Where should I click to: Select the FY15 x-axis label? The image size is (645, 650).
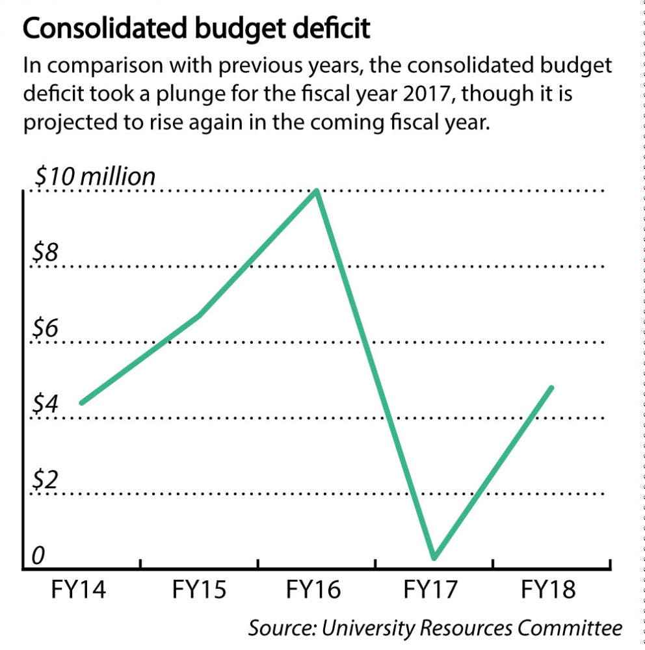pyautogui.click(x=199, y=591)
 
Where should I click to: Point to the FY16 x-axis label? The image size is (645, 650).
pyautogui.click(x=313, y=591)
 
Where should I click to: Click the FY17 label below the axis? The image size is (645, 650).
pyautogui.click(x=431, y=591)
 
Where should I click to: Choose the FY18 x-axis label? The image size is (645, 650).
pyautogui.click(x=549, y=591)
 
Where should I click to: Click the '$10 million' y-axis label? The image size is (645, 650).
pyautogui.click(x=95, y=176)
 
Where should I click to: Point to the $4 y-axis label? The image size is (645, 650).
pyautogui.click(x=46, y=404)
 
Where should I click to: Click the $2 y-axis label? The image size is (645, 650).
pyautogui.click(x=46, y=480)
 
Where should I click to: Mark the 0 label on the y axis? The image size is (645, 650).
pyautogui.click(x=38, y=556)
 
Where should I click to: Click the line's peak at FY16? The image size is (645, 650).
pyautogui.click(x=317, y=191)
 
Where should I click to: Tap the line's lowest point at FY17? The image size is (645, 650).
pyautogui.click(x=434, y=557)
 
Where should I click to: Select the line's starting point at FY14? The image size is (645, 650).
pyautogui.click(x=82, y=402)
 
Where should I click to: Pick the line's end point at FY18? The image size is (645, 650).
pyautogui.click(x=551, y=388)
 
